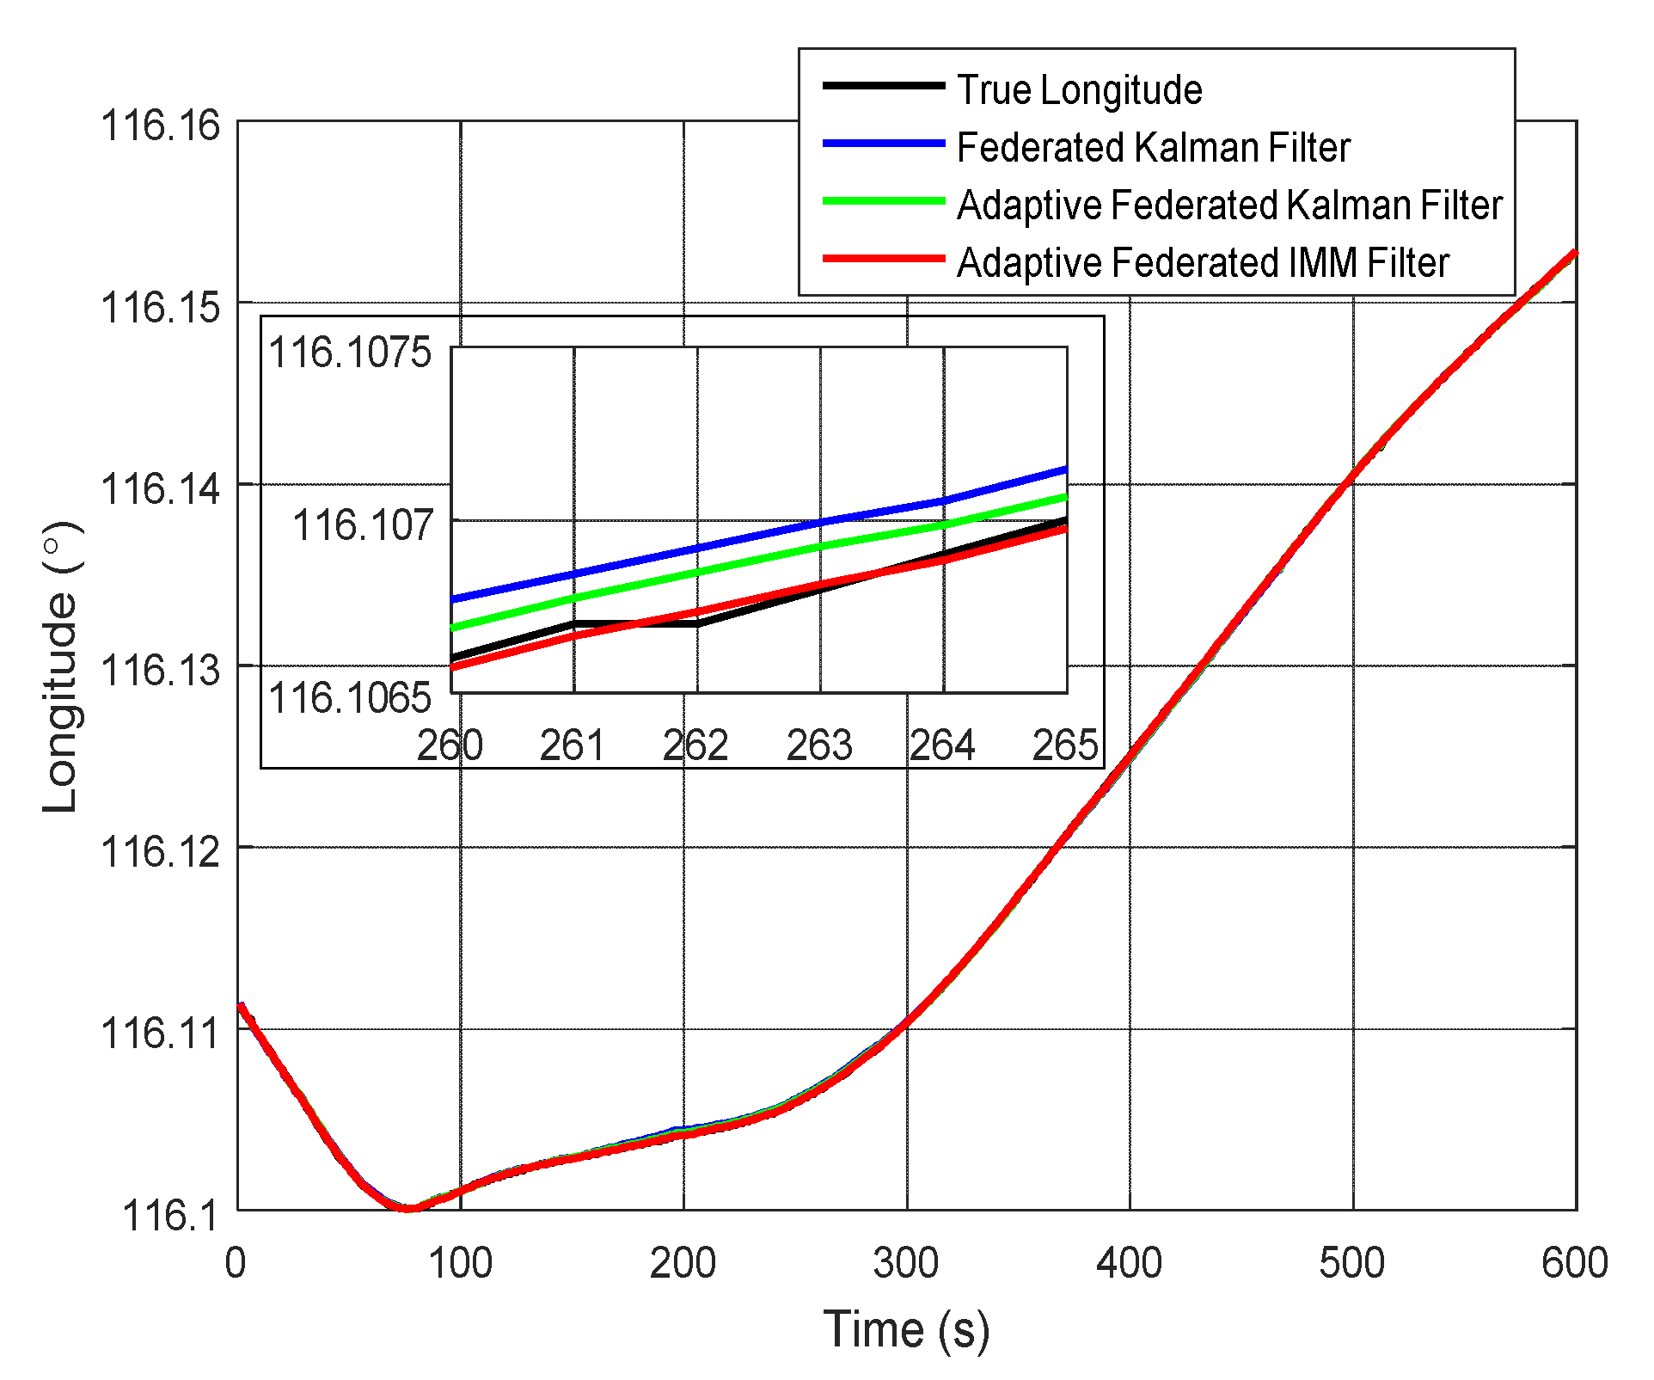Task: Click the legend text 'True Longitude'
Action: click(1079, 89)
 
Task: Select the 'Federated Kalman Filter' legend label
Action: click(1153, 147)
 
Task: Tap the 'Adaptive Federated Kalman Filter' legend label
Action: click(1229, 205)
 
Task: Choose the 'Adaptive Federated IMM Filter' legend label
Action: click(1203, 262)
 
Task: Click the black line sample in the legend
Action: click(883, 85)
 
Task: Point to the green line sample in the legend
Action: click(883, 200)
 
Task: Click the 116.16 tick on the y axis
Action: click(161, 126)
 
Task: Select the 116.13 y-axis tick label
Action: click(161, 669)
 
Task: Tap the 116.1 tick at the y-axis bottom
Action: click(171, 1214)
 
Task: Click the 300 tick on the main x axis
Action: click(906, 1263)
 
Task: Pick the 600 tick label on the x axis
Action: click(1574, 1263)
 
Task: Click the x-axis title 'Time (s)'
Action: click(906, 1329)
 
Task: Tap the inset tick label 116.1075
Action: click(350, 353)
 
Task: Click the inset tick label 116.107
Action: click(363, 524)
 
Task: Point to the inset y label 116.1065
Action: click(350, 697)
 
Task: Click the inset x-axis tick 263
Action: click(819, 745)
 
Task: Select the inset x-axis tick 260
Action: click(450, 745)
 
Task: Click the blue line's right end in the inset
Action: click(1064, 470)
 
